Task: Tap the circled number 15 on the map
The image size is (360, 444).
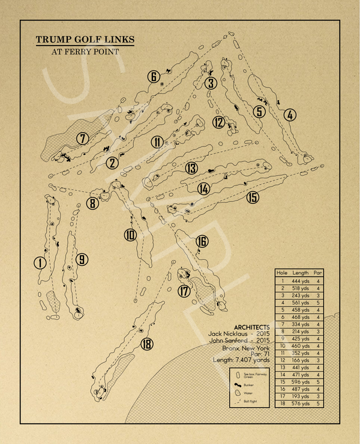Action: tap(253, 197)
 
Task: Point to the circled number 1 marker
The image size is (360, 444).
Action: tap(40, 263)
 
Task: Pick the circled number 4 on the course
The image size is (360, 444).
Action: tap(290, 115)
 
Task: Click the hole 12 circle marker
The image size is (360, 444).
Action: tap(218, 123)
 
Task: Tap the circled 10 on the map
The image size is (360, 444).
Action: tap(131, 235)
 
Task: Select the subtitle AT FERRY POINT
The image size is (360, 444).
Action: tap(85, 52)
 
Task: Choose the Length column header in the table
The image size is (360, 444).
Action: tap(300, 272)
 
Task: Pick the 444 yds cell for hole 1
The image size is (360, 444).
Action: tap(301, 281)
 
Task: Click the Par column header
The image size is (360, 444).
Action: tap(319, 272)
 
